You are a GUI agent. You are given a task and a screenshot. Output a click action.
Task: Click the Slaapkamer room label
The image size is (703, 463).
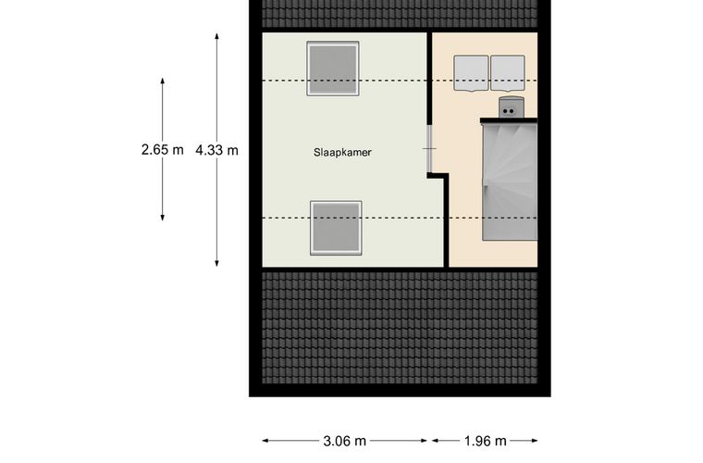[342, 153]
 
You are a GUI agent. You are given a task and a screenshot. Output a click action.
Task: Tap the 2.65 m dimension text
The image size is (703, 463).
[162, 149]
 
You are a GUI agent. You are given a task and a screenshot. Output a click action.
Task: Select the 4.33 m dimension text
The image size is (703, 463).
[216, 150]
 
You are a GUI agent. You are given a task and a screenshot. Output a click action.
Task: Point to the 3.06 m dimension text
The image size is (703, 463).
[345, 441]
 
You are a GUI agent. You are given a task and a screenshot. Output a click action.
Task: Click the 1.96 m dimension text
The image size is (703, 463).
[485, 441]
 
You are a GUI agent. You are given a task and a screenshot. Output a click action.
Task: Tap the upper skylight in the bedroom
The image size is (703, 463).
[333, 69]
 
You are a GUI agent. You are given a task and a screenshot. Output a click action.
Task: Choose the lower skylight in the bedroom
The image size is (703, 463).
[336, 229]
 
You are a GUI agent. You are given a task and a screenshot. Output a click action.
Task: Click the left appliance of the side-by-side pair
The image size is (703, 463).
[471, 73]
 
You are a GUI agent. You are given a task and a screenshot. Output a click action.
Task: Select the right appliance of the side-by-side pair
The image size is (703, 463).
[508, 73]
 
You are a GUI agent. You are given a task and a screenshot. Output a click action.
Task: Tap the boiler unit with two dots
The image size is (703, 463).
[512, 107]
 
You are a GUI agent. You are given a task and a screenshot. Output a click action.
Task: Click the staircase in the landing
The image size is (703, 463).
[510, 181]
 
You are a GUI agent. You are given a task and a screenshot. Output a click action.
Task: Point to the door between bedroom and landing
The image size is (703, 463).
[429, 148]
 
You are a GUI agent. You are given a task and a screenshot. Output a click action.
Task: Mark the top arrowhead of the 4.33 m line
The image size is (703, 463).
[216, 36]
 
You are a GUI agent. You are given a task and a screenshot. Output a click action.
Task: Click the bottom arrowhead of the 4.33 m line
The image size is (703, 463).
[216, 264]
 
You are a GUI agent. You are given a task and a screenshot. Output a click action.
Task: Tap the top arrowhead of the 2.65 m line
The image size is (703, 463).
[162, 81]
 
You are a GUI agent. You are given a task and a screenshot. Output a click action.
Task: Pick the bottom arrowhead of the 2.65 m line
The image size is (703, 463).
[162, 218]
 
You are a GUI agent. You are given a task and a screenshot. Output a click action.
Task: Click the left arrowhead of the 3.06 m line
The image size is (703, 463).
[265, 441]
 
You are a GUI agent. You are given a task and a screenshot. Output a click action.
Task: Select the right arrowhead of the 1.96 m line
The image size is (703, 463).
[534, 441]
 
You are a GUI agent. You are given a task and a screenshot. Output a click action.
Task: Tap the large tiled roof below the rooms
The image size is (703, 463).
[400, 328]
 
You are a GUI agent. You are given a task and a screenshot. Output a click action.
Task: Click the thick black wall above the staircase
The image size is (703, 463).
[509, 120]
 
